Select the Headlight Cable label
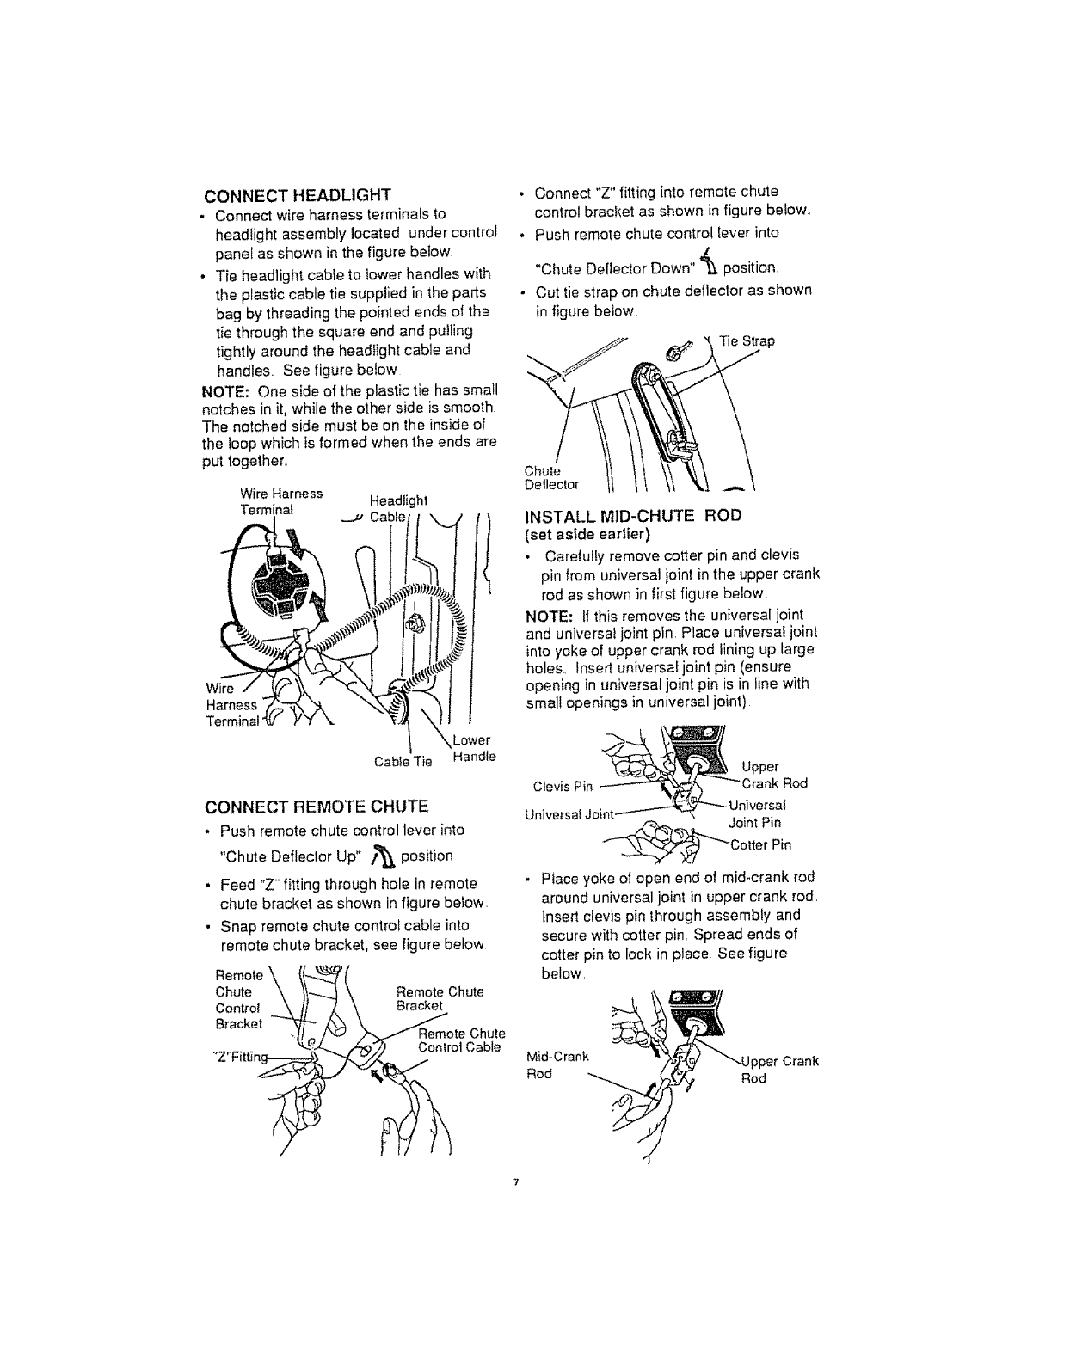[x=397, y=509]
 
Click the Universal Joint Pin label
[x=756, y=814]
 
